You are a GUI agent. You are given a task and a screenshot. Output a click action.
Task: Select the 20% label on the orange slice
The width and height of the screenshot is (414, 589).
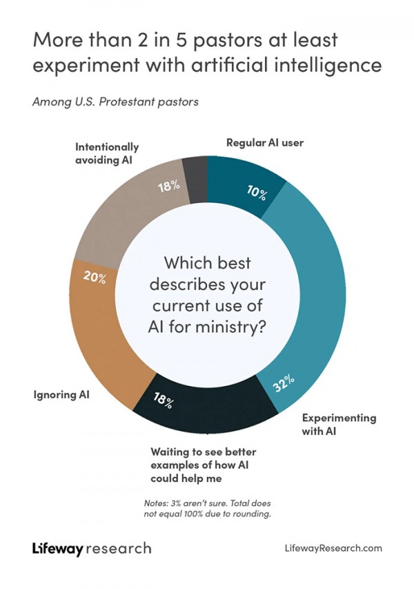95,278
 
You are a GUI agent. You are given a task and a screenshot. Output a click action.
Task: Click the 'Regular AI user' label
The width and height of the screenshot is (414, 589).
265,143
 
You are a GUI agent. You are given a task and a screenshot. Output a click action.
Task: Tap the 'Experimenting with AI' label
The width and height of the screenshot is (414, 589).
339,424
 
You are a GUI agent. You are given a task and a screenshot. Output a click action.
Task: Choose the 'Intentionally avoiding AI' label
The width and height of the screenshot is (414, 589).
107,153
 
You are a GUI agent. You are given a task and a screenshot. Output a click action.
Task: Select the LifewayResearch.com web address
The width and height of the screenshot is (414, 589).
333,548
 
